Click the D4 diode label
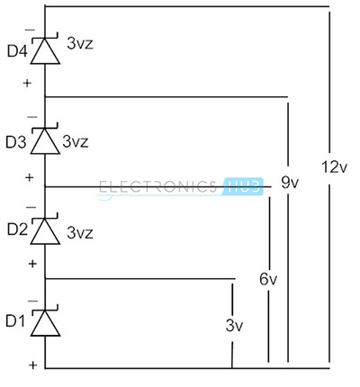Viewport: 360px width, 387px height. (17, 51)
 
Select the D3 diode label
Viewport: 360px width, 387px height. (16, 142)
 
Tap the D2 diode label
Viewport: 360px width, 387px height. (17, 229)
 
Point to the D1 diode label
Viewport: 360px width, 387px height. (15, 321)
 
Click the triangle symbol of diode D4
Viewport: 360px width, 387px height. (45, 51)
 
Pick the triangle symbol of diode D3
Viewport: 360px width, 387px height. (45, 141)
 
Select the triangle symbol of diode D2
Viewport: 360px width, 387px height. (45, 231)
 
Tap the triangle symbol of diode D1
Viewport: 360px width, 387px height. (45, 323)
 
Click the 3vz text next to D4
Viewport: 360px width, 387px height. (80, 43)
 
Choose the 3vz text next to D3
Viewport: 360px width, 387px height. (76, 141)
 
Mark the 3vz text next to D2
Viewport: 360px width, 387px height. (80, 232)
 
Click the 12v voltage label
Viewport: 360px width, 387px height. (334, 166)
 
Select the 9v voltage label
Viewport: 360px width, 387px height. (290, 182)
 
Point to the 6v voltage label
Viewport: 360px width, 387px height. (268, 279)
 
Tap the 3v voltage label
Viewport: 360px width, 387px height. (234, 325)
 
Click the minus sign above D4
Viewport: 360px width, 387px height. (30, 30)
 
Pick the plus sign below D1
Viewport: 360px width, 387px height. (33, 365)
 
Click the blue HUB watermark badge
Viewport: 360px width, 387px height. (243, 186)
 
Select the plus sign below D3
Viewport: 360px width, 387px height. (30, 177)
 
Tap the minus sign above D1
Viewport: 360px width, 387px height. (32, 301)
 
